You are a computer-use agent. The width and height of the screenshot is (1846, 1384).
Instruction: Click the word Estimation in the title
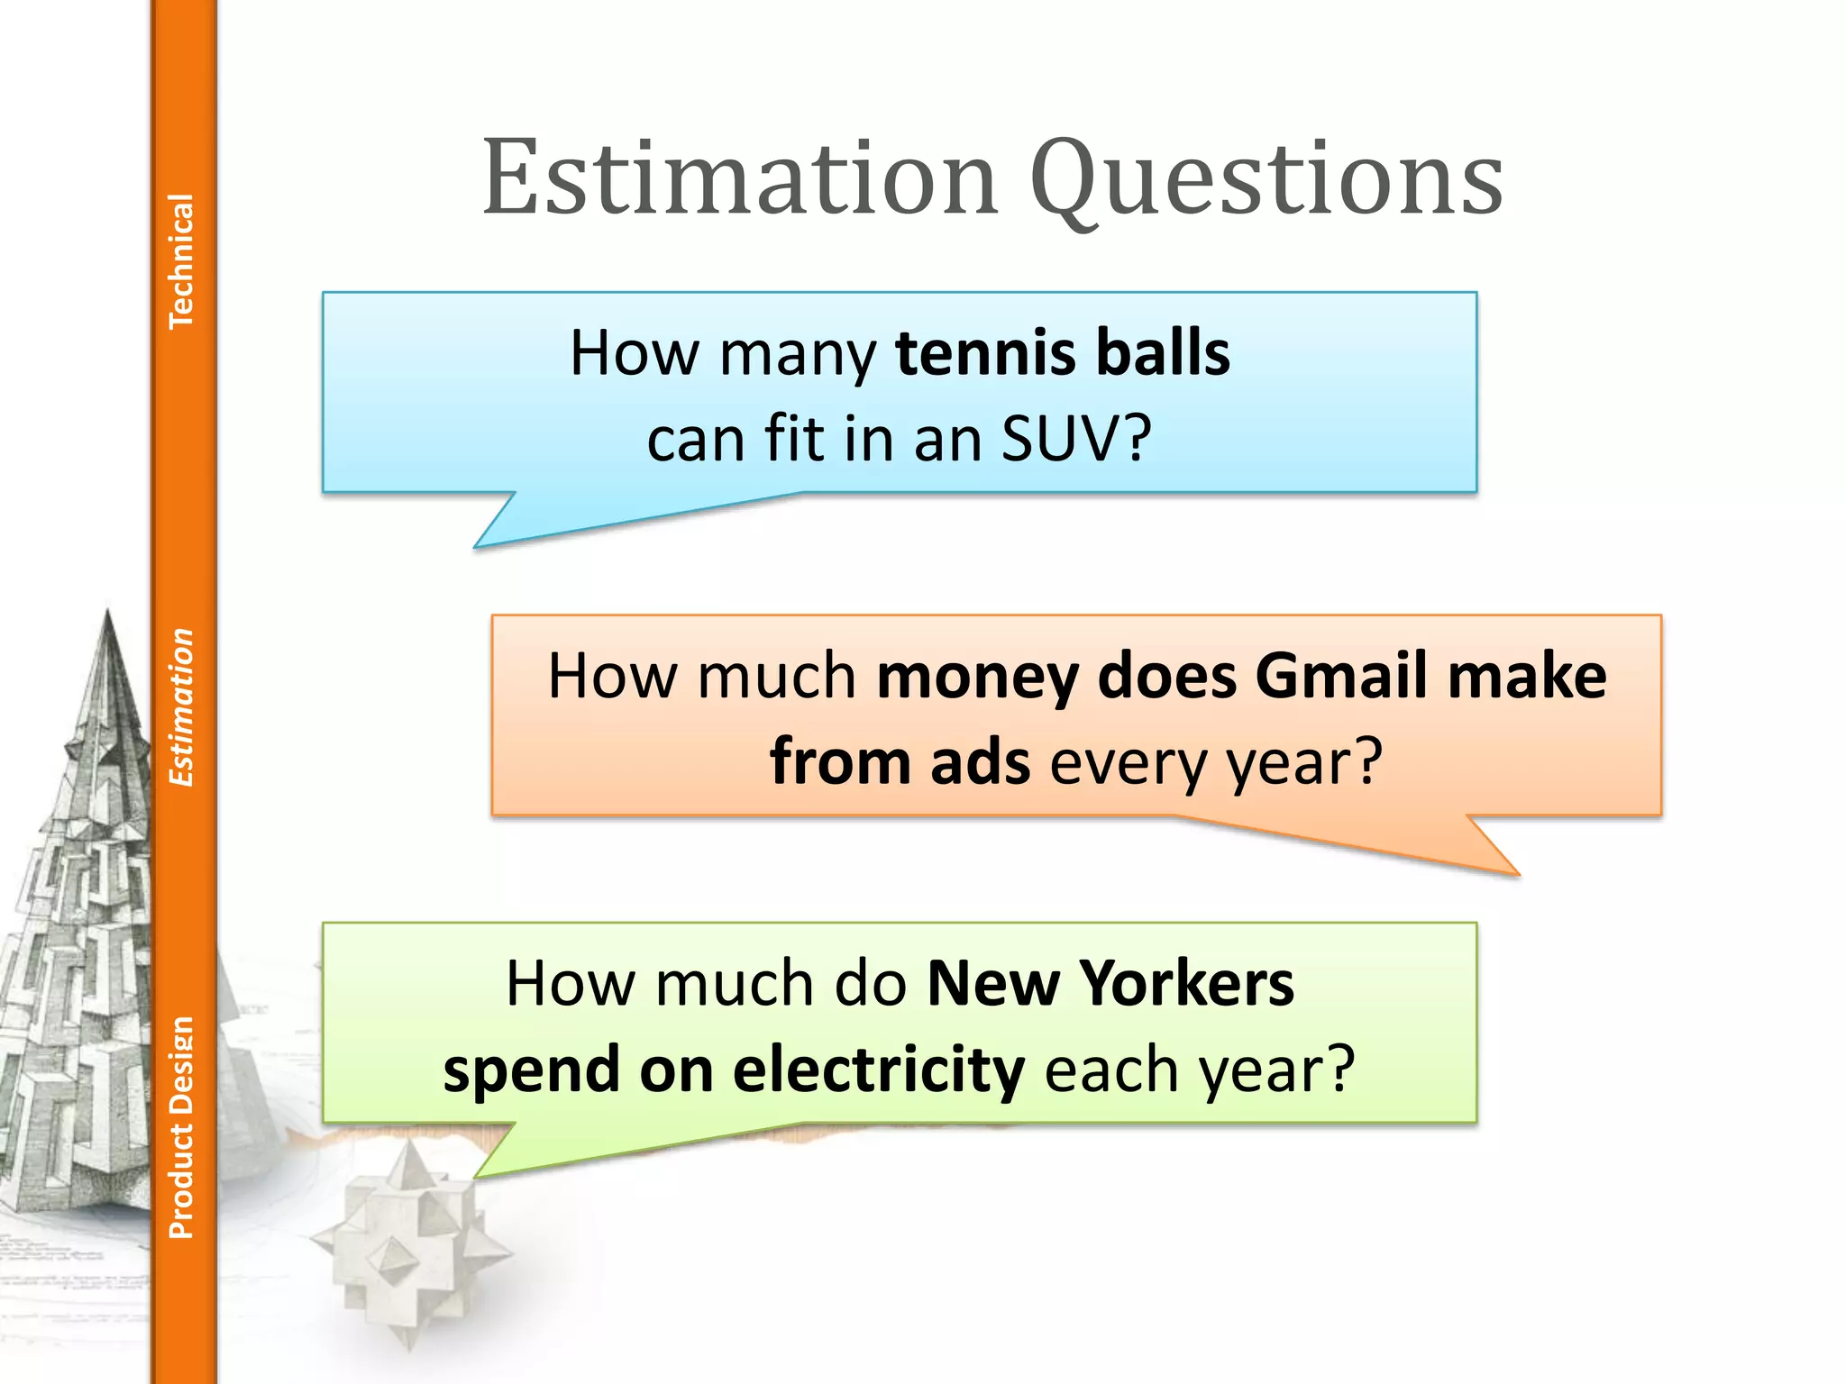coord(739,178)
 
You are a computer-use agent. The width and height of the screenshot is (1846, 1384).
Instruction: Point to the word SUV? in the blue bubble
coord(1076,439)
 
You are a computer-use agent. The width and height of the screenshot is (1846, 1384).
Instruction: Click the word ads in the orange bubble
coord(980,762)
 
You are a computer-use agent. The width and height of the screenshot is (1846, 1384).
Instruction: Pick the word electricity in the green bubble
coord(878,1070)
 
